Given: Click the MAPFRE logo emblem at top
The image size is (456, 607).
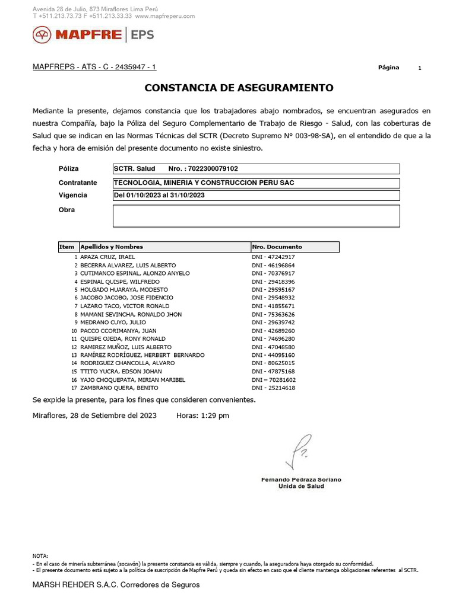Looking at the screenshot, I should click(43, 36).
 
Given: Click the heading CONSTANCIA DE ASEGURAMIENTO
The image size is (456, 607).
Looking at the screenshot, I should click(239, 88).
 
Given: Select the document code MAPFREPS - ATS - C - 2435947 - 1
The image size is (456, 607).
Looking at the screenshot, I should click(94, 68).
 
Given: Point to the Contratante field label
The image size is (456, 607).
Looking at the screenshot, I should click(78, 183).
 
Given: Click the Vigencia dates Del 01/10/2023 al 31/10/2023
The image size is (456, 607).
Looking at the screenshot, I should click(159, 195).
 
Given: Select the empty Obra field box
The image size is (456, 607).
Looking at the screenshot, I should click(256, 216).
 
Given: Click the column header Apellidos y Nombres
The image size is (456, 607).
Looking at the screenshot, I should click(112, 247).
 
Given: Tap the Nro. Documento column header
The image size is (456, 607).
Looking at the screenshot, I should click(277, 247).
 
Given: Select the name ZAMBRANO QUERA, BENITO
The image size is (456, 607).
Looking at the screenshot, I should click(115, 388).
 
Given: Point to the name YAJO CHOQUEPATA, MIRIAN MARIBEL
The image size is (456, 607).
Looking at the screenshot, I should click(132, 379).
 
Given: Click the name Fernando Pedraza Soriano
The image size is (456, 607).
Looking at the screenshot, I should click(301, 479).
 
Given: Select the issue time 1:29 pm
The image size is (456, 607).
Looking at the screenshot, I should click(216, 416).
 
